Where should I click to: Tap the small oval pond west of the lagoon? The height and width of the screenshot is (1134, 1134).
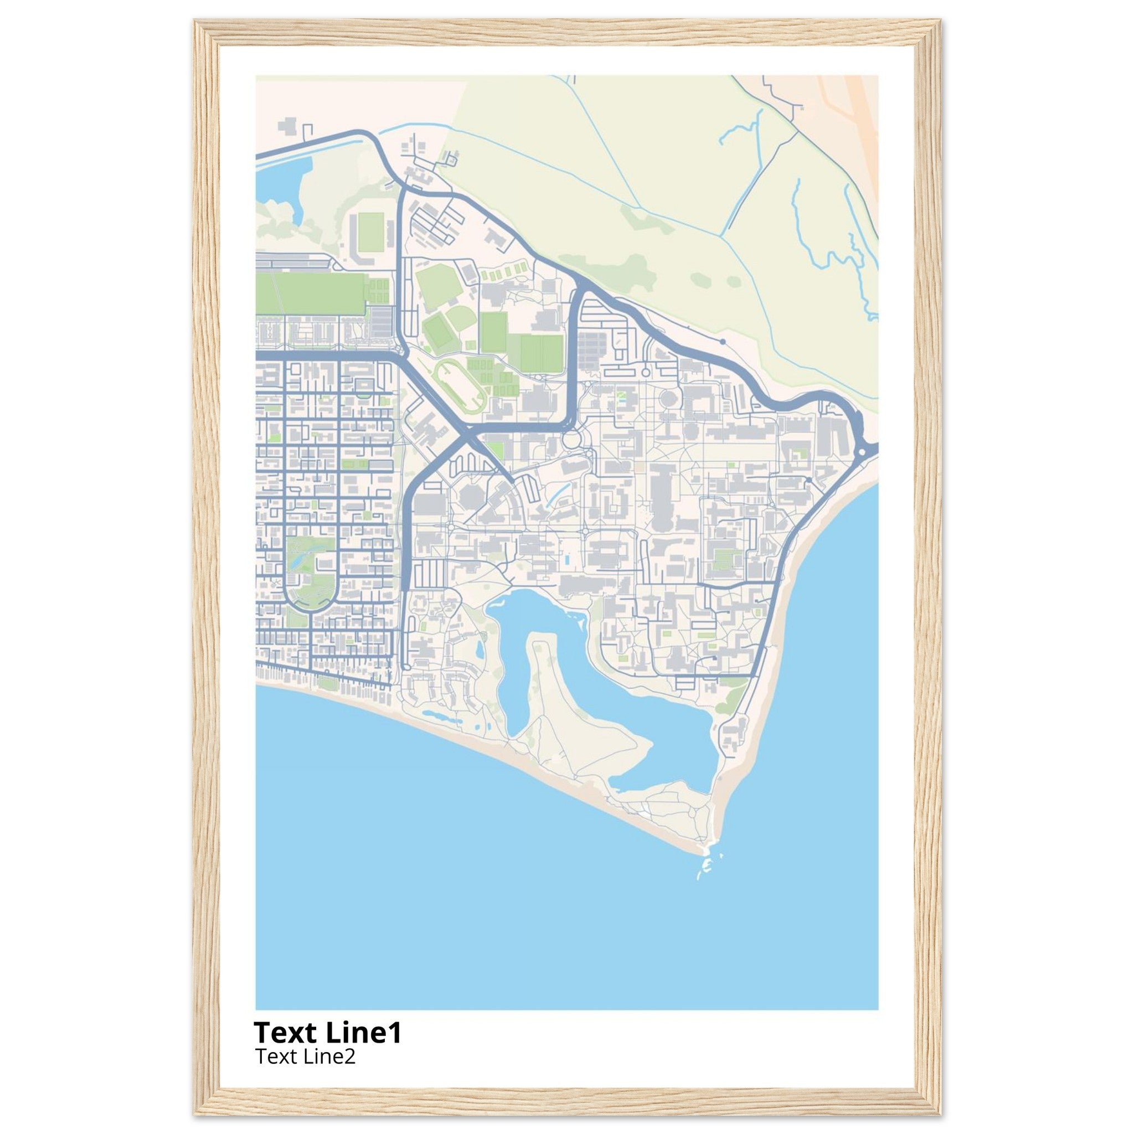(480, 648)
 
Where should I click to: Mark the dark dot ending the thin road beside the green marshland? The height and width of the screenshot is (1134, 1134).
(723, 341)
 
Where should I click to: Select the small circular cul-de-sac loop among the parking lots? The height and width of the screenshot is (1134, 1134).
(645, 372)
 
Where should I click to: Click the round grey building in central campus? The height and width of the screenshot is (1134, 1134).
(668, 399)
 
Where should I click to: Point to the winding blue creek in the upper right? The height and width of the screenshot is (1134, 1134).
(833, 246)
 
